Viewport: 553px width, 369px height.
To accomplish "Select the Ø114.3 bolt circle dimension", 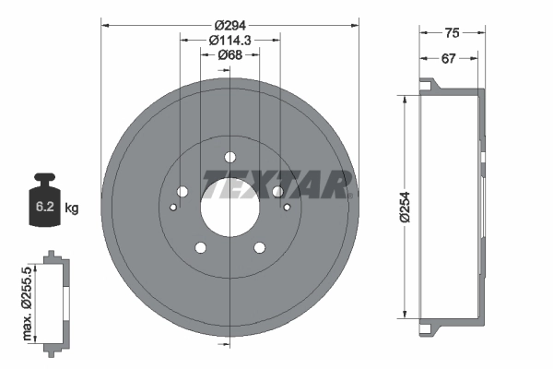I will (x=229, y=40).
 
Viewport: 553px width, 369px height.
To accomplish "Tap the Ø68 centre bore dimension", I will (x=229, y=55).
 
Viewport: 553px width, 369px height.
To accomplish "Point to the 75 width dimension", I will (x=452, y=32).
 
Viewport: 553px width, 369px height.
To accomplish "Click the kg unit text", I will (x=72, y=208).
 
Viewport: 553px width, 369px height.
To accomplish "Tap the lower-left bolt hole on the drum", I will (x=200, y=246).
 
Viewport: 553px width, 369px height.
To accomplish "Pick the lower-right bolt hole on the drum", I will (x=259, y=246).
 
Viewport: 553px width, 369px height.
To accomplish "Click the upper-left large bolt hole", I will (x=182, y=192).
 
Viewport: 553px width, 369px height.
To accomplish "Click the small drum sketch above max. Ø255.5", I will (x=54, y=299).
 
